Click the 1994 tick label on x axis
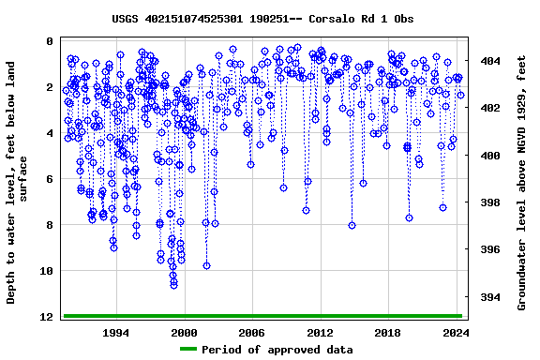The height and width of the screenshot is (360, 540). click(115, 333)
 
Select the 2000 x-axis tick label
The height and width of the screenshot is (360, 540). click(184, 333)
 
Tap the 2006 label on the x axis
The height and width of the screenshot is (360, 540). click(251, 333)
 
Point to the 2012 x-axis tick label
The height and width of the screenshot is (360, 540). click(320, 333)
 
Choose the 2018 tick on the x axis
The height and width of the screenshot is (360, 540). click(388, 333)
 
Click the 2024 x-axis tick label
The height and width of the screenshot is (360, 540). click(456, 333)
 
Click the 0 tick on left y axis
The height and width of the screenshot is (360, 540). click(49, 42)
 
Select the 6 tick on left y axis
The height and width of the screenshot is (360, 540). click(49, 180)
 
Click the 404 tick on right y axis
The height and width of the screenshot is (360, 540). click(489, 61)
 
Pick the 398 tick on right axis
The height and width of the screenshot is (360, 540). click(489, 202)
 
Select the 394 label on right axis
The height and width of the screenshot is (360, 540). click(489, 297)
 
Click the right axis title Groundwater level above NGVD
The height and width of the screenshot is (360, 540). click(522, 182)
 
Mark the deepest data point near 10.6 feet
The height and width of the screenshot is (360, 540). click(173, 285)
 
